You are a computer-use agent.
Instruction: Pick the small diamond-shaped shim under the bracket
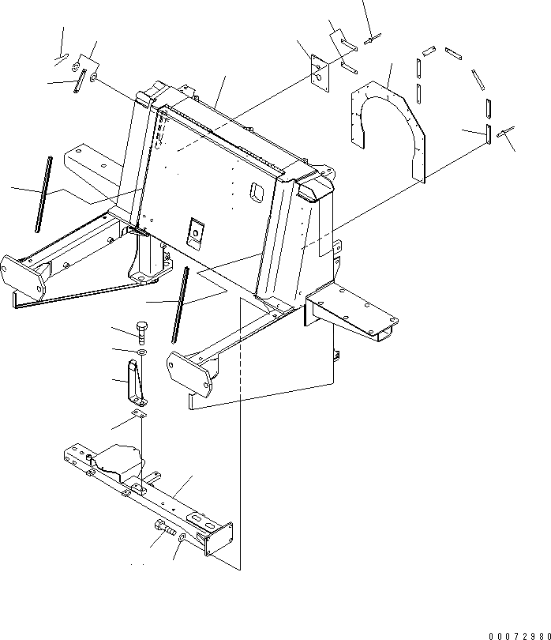coord(140,413)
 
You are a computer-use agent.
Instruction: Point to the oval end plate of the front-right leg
coord(189,371)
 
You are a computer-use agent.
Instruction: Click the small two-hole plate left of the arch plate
coord(319,71)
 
